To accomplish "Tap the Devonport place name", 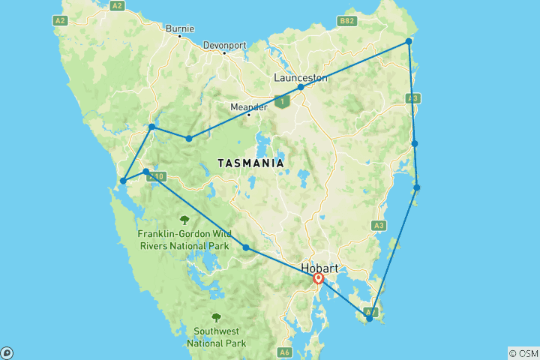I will pos(224,45).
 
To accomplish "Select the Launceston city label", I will pos(300,77).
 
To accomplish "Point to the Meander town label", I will pos(248,106).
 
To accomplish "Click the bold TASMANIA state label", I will pos(250,163).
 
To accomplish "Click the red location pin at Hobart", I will pos(319,279).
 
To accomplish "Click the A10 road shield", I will pos(156,177).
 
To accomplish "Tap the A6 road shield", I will pos(284,352).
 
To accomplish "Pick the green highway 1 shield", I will pos(282,101).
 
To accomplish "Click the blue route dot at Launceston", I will pos(301,88).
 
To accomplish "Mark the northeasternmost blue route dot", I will pos(409,42).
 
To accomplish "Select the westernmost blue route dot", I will pos(123,181).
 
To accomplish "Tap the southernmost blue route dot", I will pos(369,319).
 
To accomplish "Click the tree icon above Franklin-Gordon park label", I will pos(184,220).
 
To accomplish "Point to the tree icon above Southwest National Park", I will pos(217,317).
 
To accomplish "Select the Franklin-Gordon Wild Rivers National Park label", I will pos(184,239).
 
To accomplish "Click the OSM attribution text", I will pos(523,353).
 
